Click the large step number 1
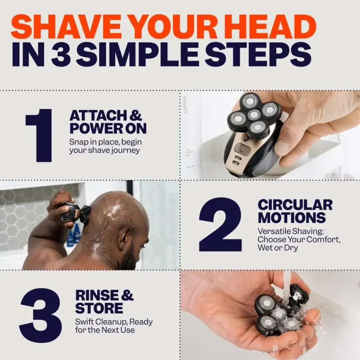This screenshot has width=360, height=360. coord(39,135)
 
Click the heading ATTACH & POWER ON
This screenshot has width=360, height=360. coord(108,122)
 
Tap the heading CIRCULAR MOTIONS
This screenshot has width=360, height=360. coord(295,211)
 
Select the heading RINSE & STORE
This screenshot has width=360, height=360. coord(104,301)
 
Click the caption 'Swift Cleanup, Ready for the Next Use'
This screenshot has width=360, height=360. coord(114,326)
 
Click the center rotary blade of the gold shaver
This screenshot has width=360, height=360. coord(253,115)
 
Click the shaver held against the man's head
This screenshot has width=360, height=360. coord(76,213)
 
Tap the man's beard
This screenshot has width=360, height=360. coord(130,258)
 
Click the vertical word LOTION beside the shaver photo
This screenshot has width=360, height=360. coord(185,104)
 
